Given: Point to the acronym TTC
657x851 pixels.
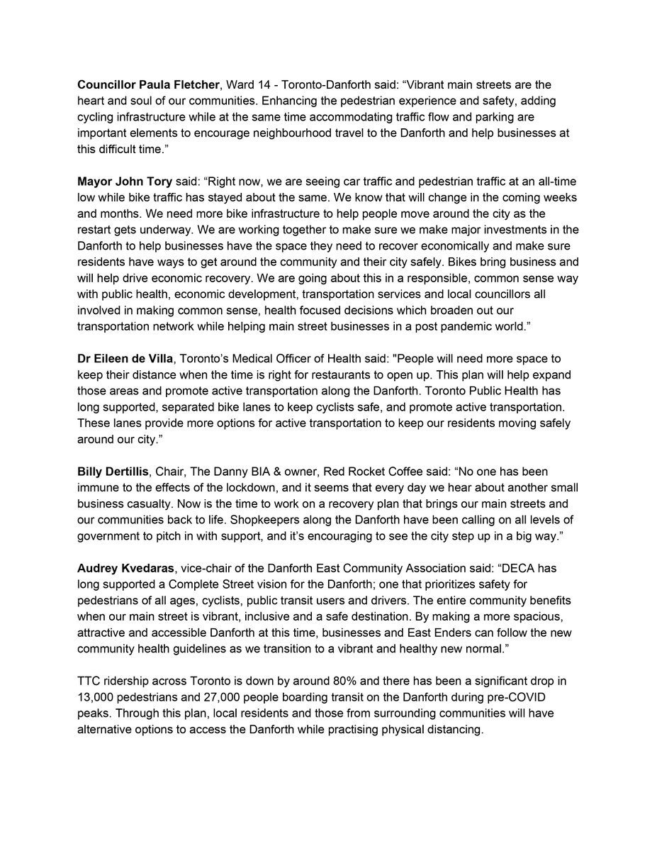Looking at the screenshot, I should click(x=89, y=682).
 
